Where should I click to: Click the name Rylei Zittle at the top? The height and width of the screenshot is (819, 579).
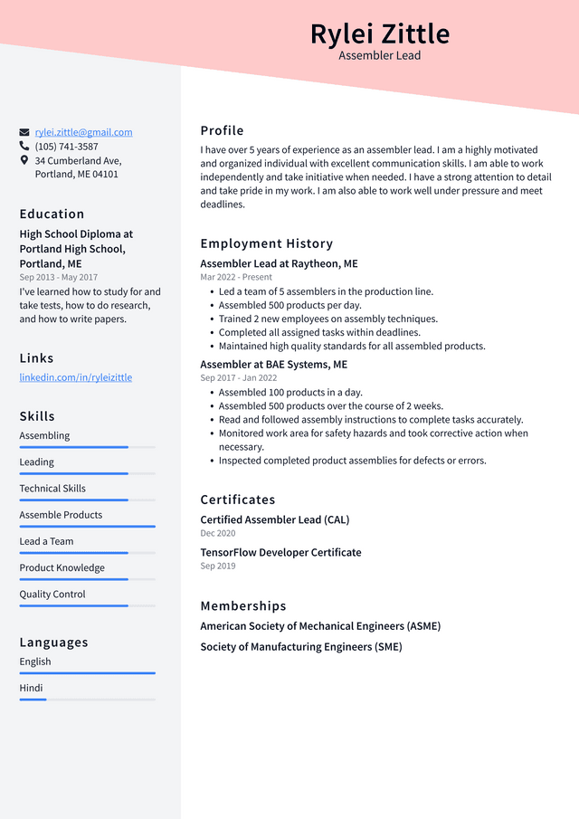(379, 33)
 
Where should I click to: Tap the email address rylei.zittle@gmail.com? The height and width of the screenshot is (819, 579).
(83, 132)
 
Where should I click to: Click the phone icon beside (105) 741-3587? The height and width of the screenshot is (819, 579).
(24, 146)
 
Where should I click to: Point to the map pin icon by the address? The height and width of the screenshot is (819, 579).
(24, 160)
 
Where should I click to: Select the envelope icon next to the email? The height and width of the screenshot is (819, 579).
(24, 132)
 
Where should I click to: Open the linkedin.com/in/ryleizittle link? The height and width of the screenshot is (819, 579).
(76, 376)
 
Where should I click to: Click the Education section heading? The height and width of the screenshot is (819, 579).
(52, 214)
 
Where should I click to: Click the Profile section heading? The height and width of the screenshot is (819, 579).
(222, 130)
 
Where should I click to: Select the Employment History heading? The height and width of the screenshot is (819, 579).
(266, 243)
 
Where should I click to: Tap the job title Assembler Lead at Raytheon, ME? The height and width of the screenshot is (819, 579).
(279, 263)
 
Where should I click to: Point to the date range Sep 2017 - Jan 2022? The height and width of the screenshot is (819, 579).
(239, 377)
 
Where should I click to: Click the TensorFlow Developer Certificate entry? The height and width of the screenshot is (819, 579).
(280, 552)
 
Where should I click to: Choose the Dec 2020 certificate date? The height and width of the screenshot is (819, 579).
(218, 533)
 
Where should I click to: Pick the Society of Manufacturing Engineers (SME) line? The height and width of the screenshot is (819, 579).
(300, 646)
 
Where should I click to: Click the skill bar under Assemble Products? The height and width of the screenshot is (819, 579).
(87, 526)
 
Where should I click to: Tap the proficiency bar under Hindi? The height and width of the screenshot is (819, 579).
(87, 699)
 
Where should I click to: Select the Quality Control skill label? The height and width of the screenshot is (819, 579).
(52, 594)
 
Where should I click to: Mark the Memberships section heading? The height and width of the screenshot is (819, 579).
(242, 605)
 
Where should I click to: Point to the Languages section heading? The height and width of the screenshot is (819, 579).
(53, 642)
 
